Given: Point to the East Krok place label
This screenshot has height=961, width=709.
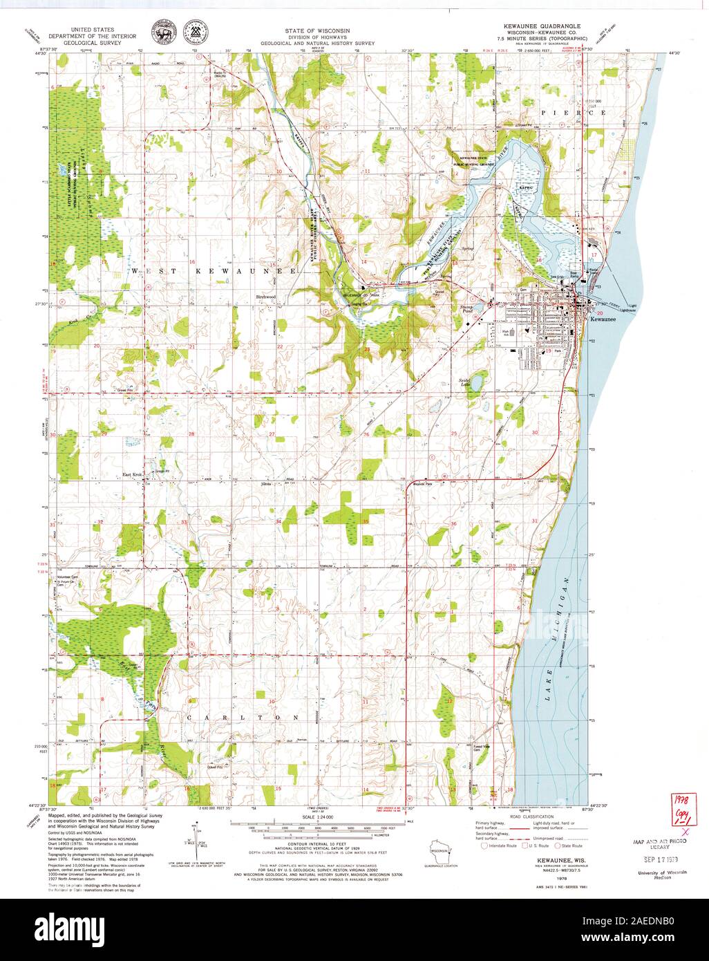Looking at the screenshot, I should pos(131,474).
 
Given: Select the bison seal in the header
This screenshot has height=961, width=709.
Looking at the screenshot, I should pos(163,31).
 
